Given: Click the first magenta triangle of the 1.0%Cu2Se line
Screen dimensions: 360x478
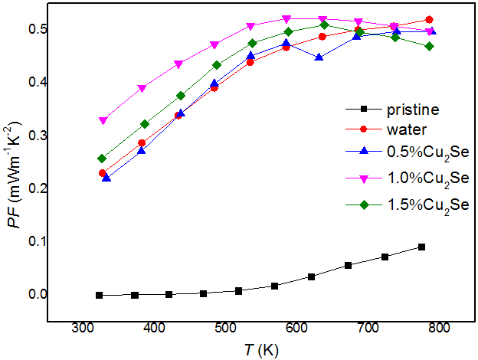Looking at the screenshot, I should tap(103, 120).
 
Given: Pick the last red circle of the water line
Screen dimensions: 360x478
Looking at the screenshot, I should tap(429, 20).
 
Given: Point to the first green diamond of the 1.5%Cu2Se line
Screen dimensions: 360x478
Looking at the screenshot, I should tap(102, 159).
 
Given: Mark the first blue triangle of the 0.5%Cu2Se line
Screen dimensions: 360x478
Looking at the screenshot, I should tap(106, 178).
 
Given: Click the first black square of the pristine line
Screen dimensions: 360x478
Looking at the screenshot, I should tap(99, 295).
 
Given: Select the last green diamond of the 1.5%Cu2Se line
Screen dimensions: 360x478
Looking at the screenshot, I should tap(429, 46).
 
